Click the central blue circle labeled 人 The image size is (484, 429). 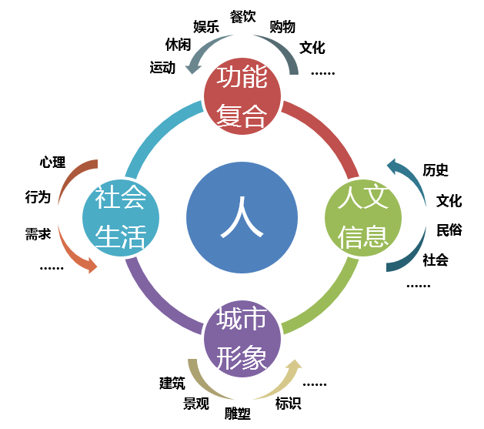pos(242,217)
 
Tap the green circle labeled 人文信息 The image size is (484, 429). pos(362,218)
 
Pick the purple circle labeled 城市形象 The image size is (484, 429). pos(242,340)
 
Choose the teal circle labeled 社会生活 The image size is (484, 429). pos(120,218)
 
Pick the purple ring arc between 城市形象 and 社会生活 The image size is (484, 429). pos(158,303)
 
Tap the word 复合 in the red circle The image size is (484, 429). pos(242,115)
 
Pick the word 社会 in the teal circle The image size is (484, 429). pos(120,199)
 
